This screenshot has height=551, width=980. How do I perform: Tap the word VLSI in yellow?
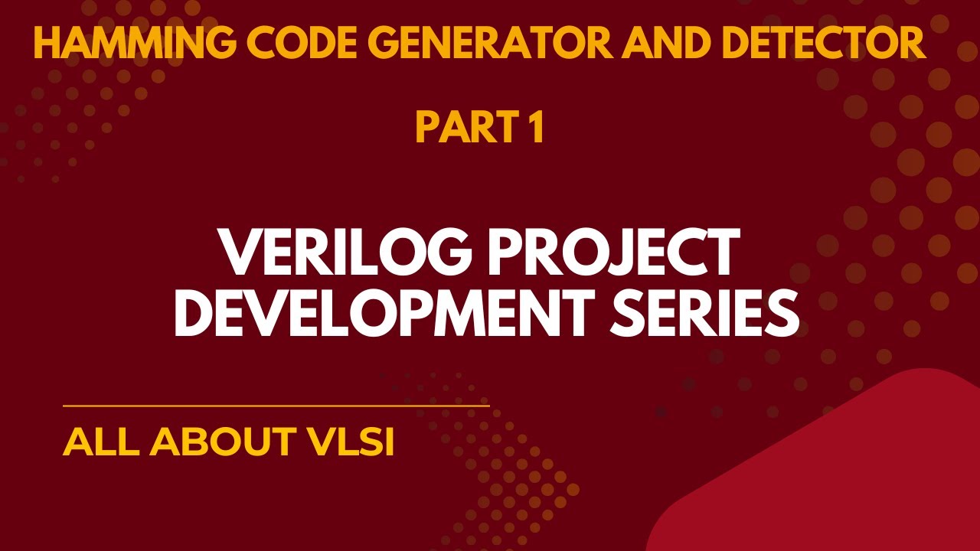(351, 442)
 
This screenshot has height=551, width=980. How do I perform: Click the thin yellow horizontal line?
(276, 406)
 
